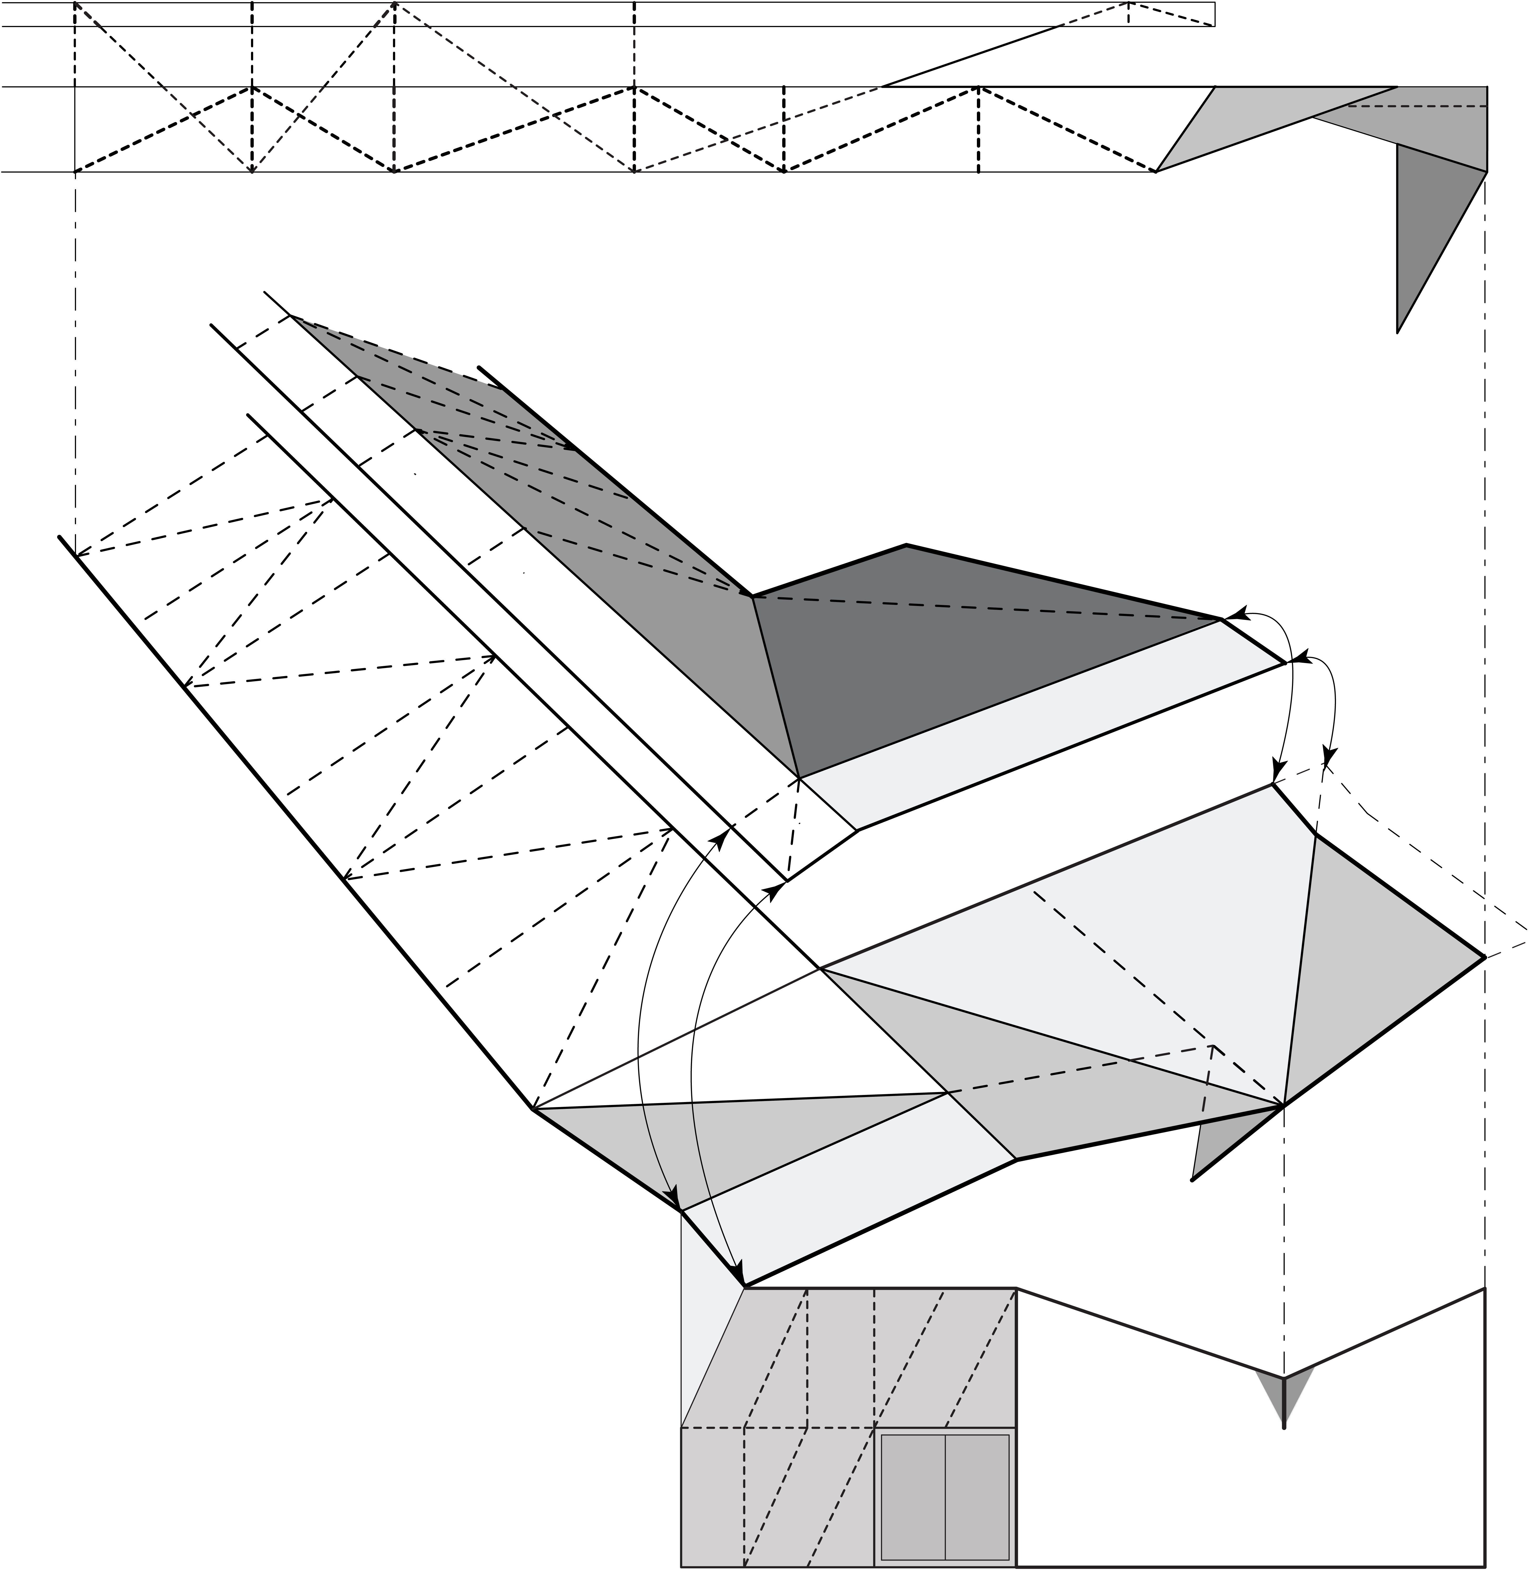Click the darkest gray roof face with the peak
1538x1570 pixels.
pyautogui.click(x=953, y=662)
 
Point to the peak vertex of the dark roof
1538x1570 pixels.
pyautogui.click(x=906, y=546)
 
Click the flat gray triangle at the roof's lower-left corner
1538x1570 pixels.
pyautogui.click(x=711, y=1131)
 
